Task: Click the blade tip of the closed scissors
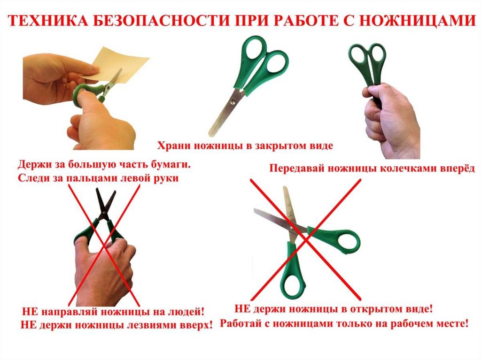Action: (211, 134)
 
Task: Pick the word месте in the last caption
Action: (451, 323)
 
